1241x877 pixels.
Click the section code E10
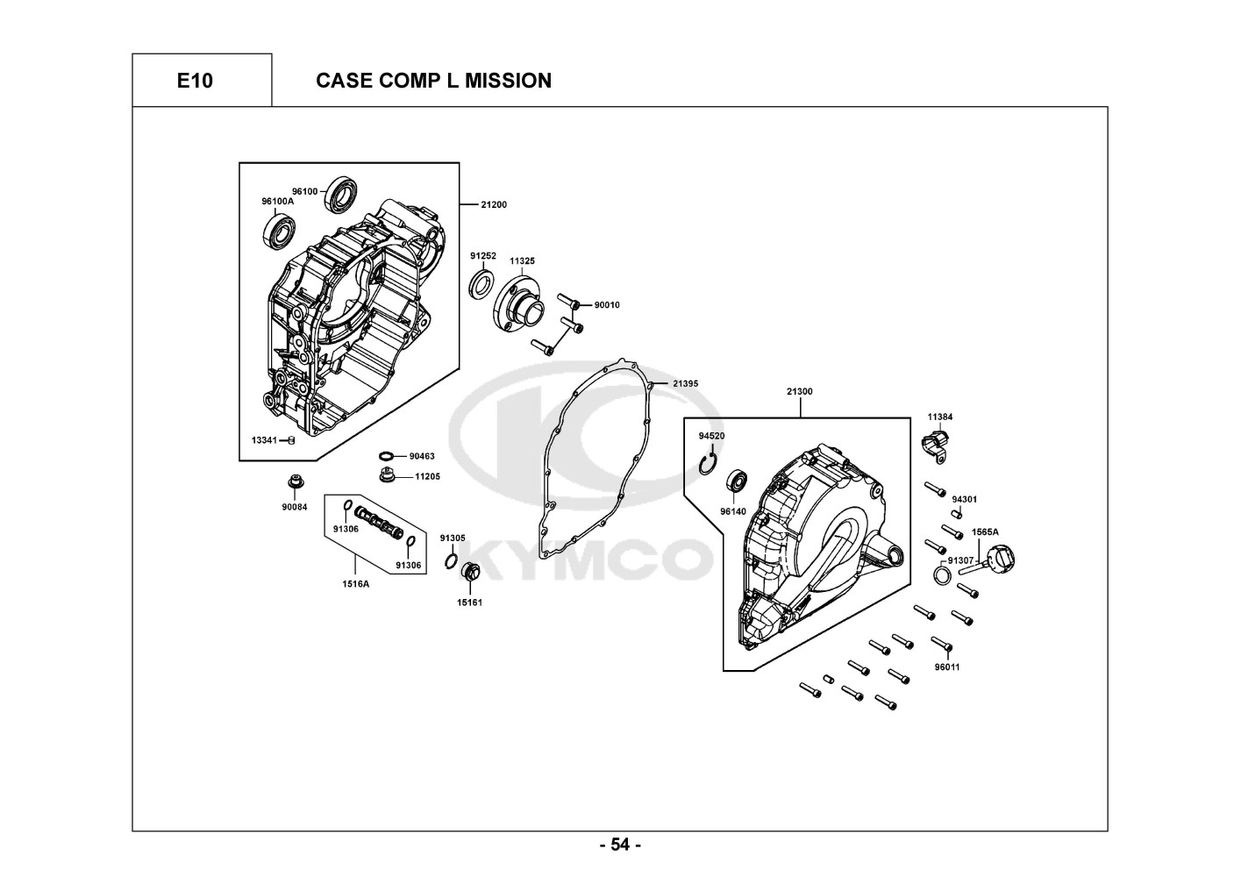195,81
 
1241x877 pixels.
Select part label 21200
493,204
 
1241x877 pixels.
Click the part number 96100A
277,201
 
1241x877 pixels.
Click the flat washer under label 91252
482,283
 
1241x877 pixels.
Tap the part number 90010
607,304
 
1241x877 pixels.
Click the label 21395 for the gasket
685,383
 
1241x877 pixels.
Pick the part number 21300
800,391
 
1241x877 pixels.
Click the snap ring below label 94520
708,464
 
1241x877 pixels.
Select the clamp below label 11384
935,446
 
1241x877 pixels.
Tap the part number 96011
947,667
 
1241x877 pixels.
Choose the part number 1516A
355,583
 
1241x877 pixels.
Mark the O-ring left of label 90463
387,456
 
